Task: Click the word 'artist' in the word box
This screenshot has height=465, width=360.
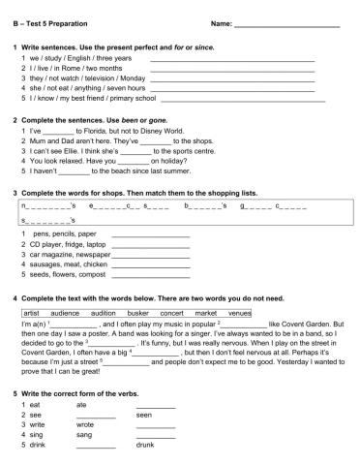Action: [x=32, y=314]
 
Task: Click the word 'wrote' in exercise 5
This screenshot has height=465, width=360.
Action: [x=85, y=424]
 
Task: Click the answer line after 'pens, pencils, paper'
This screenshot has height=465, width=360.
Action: [x=150, y=234]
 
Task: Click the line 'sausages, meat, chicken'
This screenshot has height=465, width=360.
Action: [x=69, y=263]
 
